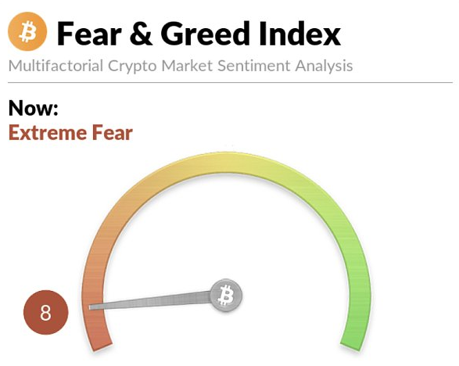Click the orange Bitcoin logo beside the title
[x=27, y=31]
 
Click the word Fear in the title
[x=89, y=34]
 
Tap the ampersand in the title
[x=141, y=34]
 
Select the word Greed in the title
[x=206, y=34]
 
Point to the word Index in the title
[x=299, y=34]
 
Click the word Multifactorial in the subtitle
[x=56, y=66]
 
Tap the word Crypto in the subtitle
[x=132, y=66]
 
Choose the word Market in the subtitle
[x=187, y=66]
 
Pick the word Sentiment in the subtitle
[x=254, y=66]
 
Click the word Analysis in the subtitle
[x=324, y=66]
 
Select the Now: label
[x=34, y=108]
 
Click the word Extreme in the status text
[x=48, y=133]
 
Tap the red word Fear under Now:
[x=112, y=133]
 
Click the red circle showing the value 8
[x=45, y=312]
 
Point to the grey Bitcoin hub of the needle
[x=226, y=295]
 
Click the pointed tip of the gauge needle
[x=90, y=307]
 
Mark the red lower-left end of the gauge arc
[x=102, y=346]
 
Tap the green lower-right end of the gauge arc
[x=351, y=346]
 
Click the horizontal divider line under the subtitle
[x=231, y=83]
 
